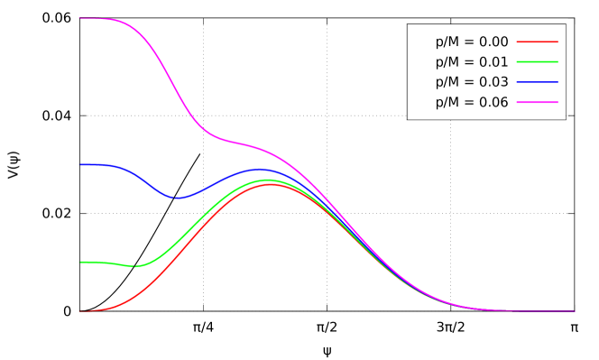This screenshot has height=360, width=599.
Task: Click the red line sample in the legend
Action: [x=537, y=42]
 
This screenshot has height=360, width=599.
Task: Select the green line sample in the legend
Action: [x=537, y=61]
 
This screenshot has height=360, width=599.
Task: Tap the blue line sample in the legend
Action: [x=537, y=82]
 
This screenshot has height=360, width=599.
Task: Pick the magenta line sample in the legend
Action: [x=537, y=102]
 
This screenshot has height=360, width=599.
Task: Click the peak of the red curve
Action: [x=268, y=184]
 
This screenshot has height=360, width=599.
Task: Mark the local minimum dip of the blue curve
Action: [x=177, y=198]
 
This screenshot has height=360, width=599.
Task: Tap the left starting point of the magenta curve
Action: [x=80, y=18]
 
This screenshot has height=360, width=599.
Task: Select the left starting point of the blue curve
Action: [x=80, y=164]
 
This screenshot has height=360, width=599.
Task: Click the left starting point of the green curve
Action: [x=80, y=262]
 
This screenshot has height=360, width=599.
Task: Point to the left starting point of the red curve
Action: [x=80, y=311]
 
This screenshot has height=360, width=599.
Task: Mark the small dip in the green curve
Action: [x=135, y=266]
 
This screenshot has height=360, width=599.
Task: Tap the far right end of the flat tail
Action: [x=574, y=311]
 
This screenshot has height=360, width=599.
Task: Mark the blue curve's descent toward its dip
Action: [x=149, y=181]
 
